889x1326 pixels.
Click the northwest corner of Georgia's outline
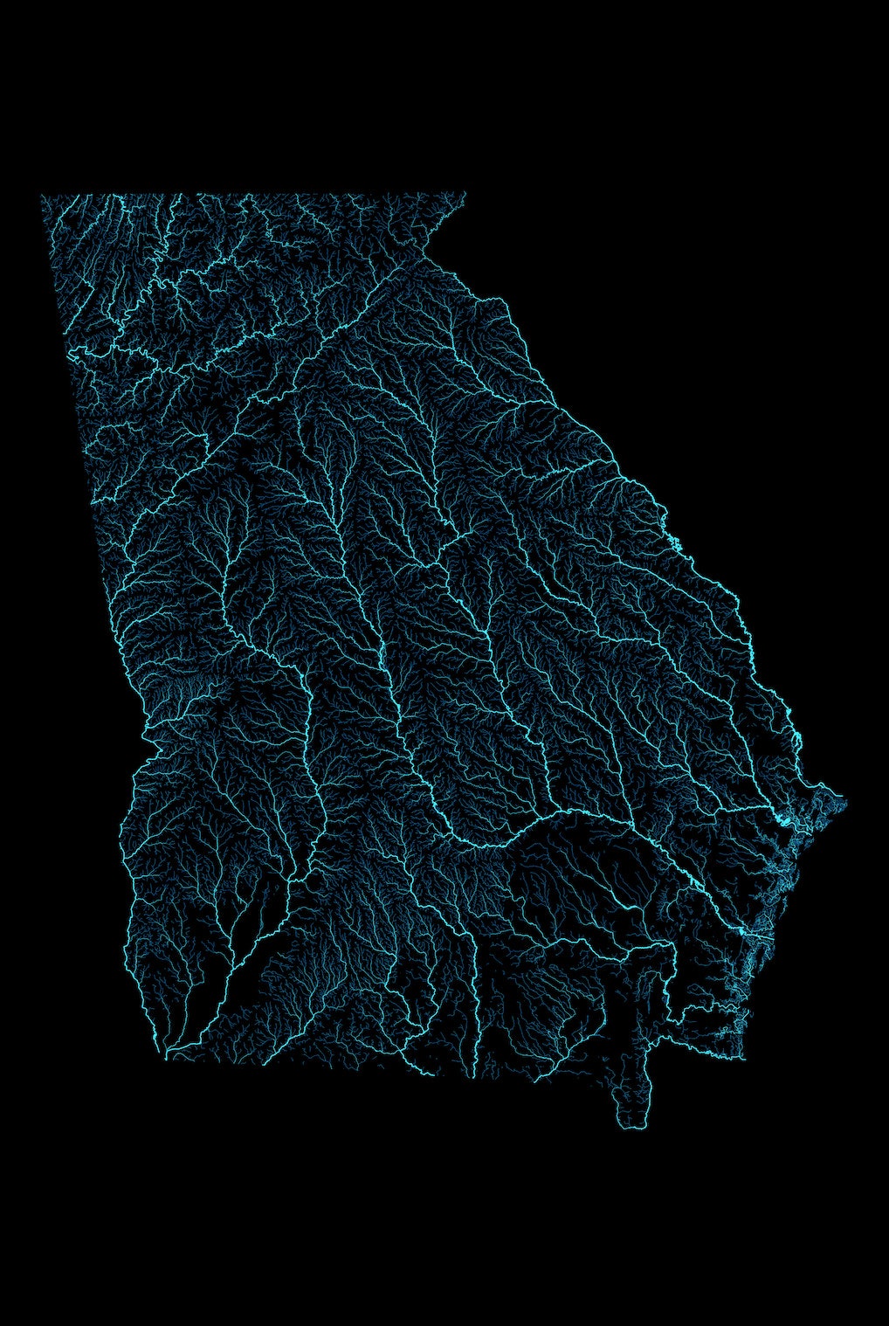click(x=42, y=196)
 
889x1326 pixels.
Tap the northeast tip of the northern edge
click(x=465, y=194)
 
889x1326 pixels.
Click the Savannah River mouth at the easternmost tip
click(x=844, y=798)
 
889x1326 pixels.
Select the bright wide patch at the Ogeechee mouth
click(x=786, y=821)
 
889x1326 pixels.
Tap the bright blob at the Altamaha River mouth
click(x=744, y=936)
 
